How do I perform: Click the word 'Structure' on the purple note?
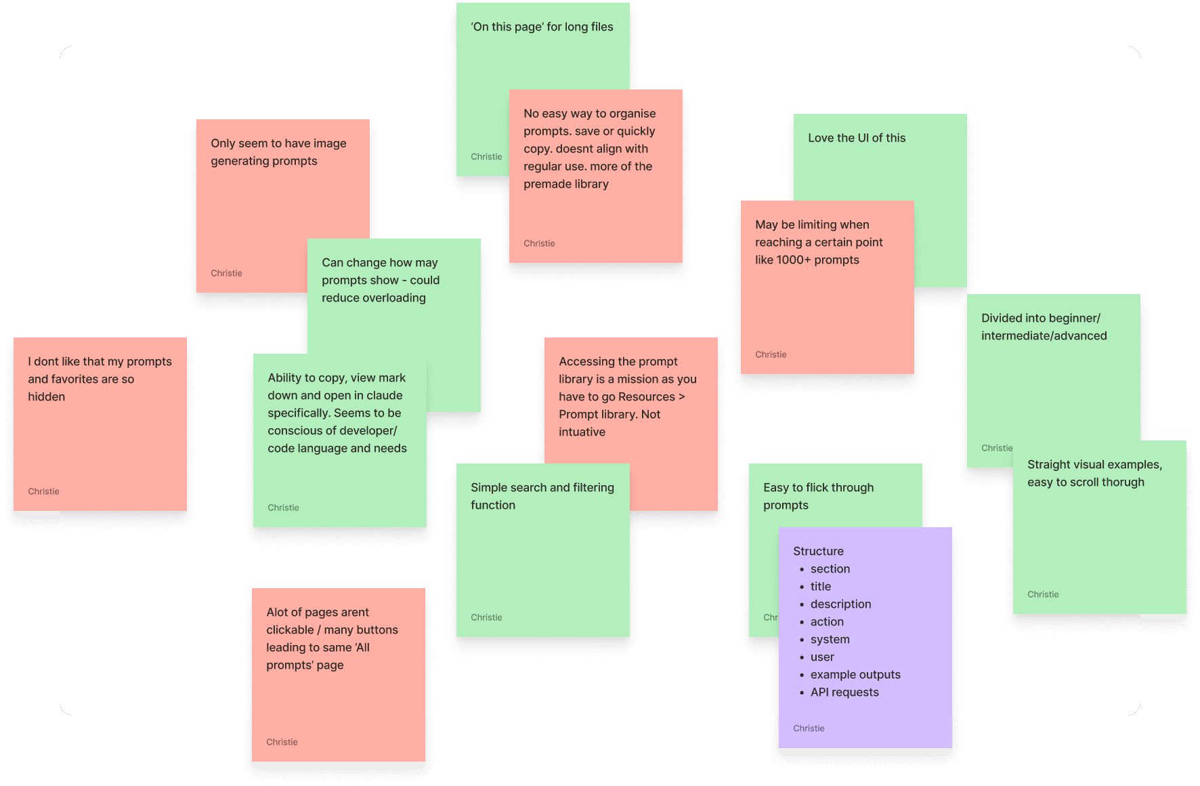pyautogui.click(x=818, y=552)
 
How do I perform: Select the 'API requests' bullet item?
pyautogui.click(x=844, y=692)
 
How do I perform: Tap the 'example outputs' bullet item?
pyautogui.click(x=855, y=675)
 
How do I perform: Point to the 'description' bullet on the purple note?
pyautogui.click(x=840, y=604)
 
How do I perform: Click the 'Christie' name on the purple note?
pyautogui.click(x=809, y=728)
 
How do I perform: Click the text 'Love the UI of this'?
pyautogui.click(x=857, y=138)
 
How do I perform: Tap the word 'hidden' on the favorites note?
pyautogui.click(x=46, y=397)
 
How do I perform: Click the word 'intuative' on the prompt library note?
pyautogui.click(x=582, y=432)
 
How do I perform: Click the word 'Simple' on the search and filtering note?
pyautogui.click(x=488, y=488)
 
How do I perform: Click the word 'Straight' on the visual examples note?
pyautogui.click(x=1052, y=465)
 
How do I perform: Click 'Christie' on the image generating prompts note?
pyautogui.click(x=226, y=273)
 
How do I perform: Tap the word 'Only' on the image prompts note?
pyautogui.click(x=223, y=144)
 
